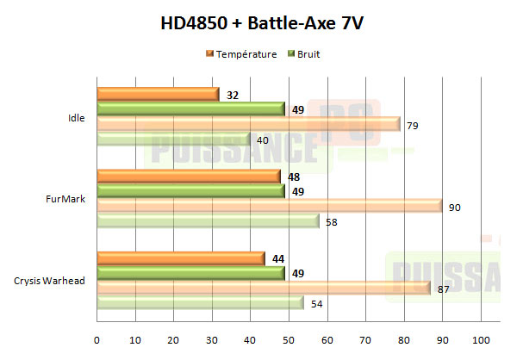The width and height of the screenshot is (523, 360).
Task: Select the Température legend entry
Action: (242, 54)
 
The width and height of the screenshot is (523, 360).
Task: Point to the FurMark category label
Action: (71, 199)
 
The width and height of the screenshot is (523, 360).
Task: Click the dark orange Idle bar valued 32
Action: (158, 95)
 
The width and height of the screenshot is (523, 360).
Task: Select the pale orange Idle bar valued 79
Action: (248, 125)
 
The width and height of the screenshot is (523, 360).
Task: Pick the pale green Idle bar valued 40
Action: (173, 140)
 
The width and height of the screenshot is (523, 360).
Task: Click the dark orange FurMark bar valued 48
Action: (189, 177)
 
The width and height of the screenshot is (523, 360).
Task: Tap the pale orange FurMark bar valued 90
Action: (270, 207)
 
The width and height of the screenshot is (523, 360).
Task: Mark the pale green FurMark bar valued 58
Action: (208, 221)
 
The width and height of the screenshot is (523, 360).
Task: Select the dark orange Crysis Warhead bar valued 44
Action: (181, 258)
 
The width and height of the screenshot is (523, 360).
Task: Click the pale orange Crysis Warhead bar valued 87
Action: (264, 289)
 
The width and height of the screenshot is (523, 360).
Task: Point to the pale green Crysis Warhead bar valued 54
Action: (200, 303)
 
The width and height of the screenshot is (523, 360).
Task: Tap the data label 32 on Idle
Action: (232, 95)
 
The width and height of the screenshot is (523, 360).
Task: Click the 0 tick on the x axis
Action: (97, 338)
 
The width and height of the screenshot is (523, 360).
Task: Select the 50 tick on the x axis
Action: (290, 338)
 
